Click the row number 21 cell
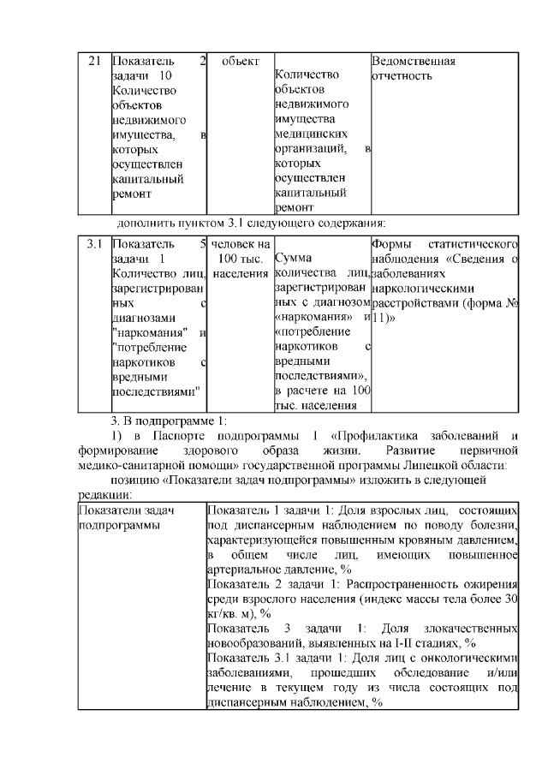tap(94, 62)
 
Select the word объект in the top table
tap(241, 62)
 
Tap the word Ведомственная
tap(413, 62)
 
